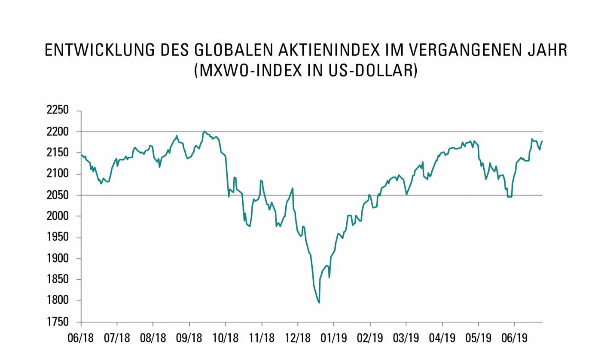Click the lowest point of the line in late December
319,303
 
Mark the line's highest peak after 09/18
204,131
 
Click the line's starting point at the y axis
81,154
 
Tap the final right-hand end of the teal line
542,141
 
